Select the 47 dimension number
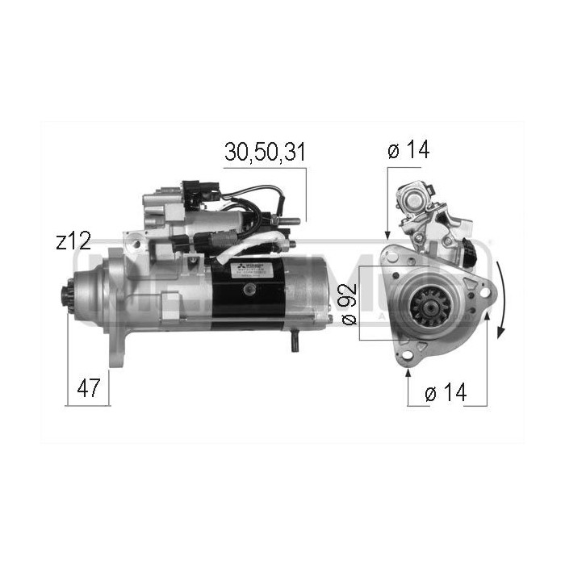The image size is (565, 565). pyautogui.click(x=89, y=388)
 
